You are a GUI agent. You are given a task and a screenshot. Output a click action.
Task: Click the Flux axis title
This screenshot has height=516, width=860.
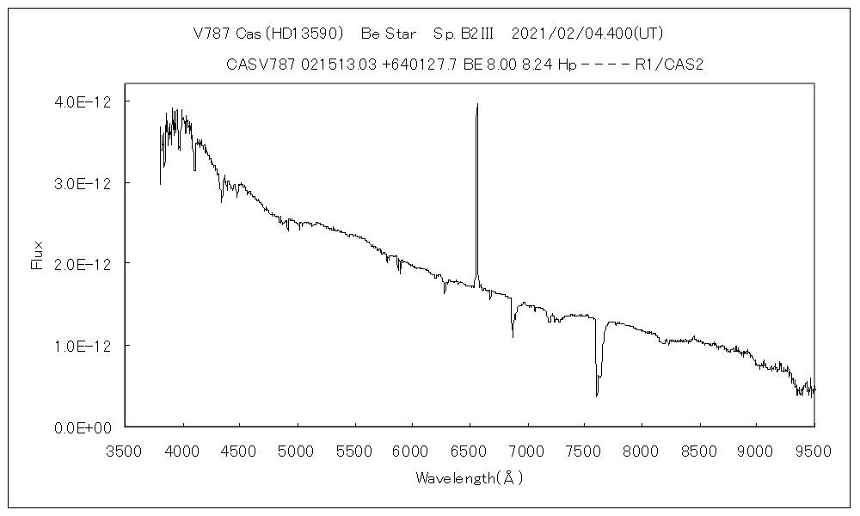(37, 255)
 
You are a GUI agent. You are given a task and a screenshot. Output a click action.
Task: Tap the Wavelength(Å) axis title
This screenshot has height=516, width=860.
(469, 478)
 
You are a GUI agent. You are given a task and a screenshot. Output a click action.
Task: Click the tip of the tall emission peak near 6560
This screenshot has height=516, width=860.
(477, 104)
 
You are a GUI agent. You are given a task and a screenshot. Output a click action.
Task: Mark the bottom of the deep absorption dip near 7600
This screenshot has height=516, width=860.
(597, 396)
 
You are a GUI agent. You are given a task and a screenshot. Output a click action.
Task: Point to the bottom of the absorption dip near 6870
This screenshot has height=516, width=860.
(513, 336)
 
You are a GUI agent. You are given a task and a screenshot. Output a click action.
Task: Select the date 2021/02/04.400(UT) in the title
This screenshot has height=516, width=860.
(587, 34)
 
